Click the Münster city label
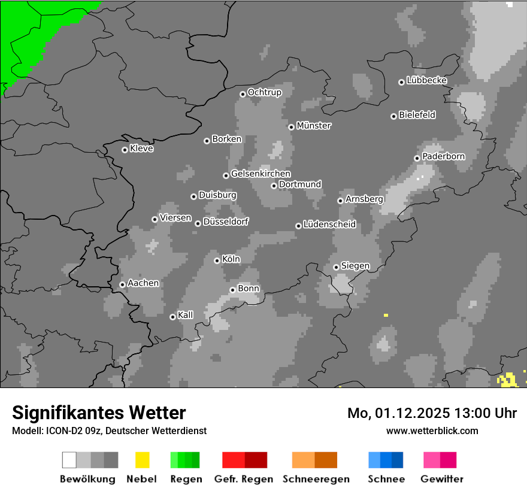[x=314, y=126]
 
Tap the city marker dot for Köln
[x=217, y=260]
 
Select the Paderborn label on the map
[x=444, y=157]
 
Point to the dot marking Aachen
[x=122, y=284]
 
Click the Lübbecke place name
[x=427, y=80]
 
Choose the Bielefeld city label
[x=417, y=115]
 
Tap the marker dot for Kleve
[x=125, y=150]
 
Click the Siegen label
[x=356, y=266]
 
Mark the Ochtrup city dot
[x=243, y=93]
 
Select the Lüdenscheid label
[x=330, y=225]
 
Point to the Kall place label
[x=186, y=315]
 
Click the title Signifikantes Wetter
[x=99, y=413]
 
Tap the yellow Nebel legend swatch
[x=143, y=460]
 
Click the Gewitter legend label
[x=442, y=479]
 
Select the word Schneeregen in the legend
[x=316, y=479]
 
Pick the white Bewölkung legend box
[x=69, y=460]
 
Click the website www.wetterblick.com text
[x=432, y=431]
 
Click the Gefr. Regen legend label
[x=244, y=479]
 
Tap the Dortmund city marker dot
[x=274, y=186]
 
